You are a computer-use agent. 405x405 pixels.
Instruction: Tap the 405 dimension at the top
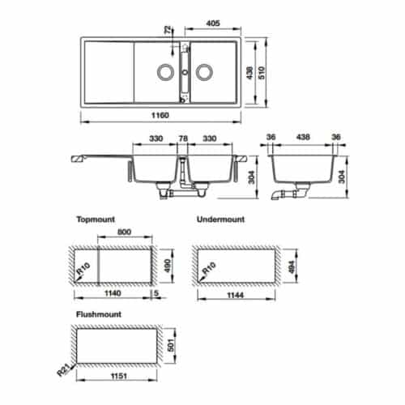pyautogui.click(x=215, y=24)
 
